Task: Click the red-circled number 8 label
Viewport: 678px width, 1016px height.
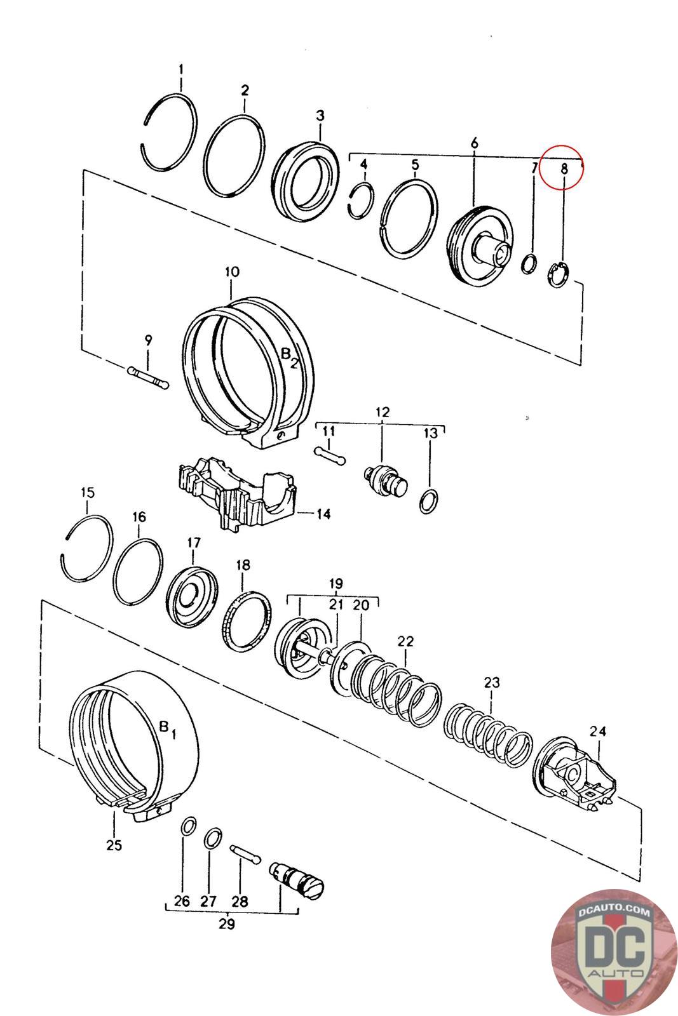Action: pos(564,169)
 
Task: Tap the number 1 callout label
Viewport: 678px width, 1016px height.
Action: pos(181,69)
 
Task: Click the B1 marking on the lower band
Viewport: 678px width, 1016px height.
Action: pos(168,728)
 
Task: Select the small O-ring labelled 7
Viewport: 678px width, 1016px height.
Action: pos(529,264)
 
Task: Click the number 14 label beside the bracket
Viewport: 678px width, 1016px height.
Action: pos(323,514)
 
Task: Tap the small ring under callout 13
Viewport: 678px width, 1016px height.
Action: pos(429,501)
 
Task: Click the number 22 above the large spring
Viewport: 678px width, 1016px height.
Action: pos(405,641)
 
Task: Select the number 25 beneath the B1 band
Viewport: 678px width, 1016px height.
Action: pos(114,845)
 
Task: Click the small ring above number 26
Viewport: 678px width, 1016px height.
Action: pos(188,826)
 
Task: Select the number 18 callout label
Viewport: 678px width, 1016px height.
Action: pos(243,565)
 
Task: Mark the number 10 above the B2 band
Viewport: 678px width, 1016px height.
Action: pos(231,272)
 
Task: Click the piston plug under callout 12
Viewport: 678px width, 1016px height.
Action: pos(386,482)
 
